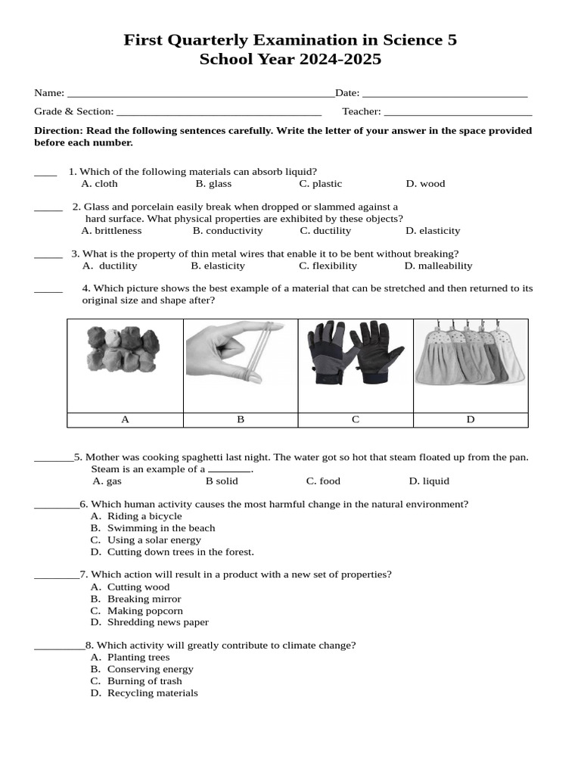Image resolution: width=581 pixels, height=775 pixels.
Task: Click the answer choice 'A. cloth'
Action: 99,183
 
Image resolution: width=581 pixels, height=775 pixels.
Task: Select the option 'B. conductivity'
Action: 228,230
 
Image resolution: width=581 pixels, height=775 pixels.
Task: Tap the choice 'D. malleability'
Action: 438,266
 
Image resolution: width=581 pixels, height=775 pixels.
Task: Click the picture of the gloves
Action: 355,353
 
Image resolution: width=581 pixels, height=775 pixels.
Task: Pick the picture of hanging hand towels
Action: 470,353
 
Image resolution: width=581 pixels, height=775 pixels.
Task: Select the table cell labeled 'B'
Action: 241,420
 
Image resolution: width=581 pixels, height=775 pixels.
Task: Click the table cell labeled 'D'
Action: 471,420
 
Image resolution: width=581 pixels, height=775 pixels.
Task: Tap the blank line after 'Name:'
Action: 200,94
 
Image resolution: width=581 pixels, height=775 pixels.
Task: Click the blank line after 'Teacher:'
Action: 458,112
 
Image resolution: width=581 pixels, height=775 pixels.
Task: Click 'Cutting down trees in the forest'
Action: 180,552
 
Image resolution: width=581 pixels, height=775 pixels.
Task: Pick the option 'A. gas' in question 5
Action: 107,481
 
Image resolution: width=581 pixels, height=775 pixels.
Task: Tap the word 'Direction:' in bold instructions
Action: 59,130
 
